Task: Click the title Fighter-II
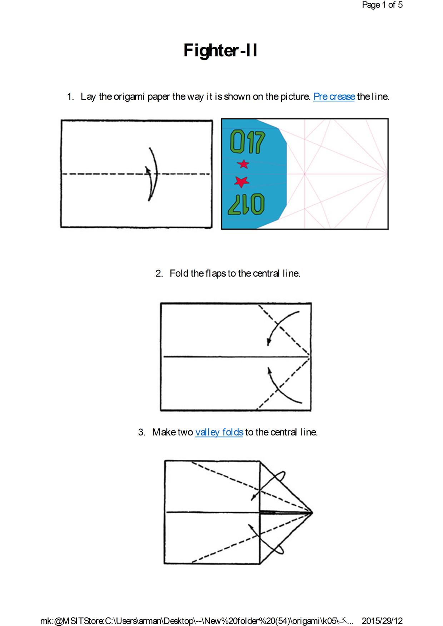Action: point(220,50)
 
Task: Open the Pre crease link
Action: point(334,96)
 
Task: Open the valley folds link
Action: point(219,432)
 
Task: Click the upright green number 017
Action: point(248,142)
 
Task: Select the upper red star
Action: point(243,164)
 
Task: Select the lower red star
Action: point(242,182)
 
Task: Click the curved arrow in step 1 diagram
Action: point(153,174)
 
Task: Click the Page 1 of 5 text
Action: point(382,5)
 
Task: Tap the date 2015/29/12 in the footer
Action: point(382,621)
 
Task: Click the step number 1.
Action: point(70,96)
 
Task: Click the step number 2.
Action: point(159,273)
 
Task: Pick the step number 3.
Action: point(141,432)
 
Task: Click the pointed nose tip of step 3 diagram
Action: point(313,513)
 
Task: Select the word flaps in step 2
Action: point(215,274)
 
